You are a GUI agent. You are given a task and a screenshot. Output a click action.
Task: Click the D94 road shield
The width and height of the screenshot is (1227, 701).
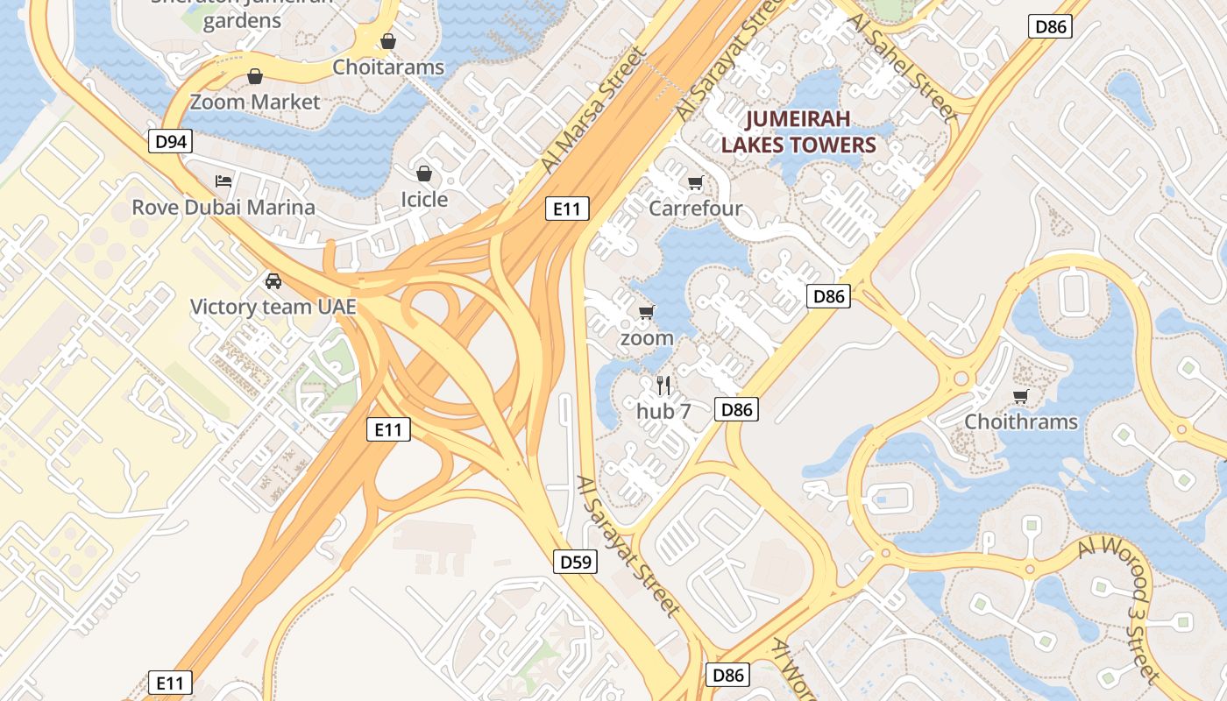coord(170,141)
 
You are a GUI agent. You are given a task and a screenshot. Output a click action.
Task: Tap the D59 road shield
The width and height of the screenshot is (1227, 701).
coord(576,562)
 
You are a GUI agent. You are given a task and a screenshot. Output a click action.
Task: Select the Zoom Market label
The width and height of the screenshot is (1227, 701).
coord(255,102)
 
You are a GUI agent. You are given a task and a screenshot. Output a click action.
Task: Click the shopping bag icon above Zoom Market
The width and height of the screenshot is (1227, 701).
coord(255,76)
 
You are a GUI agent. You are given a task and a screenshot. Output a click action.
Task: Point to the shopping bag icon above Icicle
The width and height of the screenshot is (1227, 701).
coord(424,173)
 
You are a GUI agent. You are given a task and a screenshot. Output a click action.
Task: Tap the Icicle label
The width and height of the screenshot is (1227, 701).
coord(424,199)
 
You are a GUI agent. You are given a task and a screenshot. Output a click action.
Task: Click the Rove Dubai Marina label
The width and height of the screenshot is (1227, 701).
coord(223,208)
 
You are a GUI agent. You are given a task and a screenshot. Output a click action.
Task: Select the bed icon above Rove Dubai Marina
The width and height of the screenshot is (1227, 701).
coord(223,181)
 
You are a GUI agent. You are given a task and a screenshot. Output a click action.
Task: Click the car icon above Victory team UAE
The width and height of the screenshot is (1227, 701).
coord(273,281)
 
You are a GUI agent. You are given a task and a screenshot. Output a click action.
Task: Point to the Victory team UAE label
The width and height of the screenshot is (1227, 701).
coord(273,307)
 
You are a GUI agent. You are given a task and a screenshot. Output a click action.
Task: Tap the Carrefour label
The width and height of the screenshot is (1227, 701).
coord(695,209)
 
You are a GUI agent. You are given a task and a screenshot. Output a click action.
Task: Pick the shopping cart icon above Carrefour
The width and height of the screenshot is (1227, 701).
coord(695,182)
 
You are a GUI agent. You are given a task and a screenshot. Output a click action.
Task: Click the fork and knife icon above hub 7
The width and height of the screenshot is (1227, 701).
coord(663,385)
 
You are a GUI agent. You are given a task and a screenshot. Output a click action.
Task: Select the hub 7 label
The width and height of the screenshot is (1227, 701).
coord(663,411)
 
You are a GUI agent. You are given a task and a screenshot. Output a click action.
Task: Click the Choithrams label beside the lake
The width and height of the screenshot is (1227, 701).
coord(1021,421)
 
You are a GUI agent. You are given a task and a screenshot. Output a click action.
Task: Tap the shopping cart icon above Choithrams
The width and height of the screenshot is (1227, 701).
coord(1021,396)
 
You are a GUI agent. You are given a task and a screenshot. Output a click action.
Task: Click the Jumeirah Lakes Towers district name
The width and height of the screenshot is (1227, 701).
coord(798,131)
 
